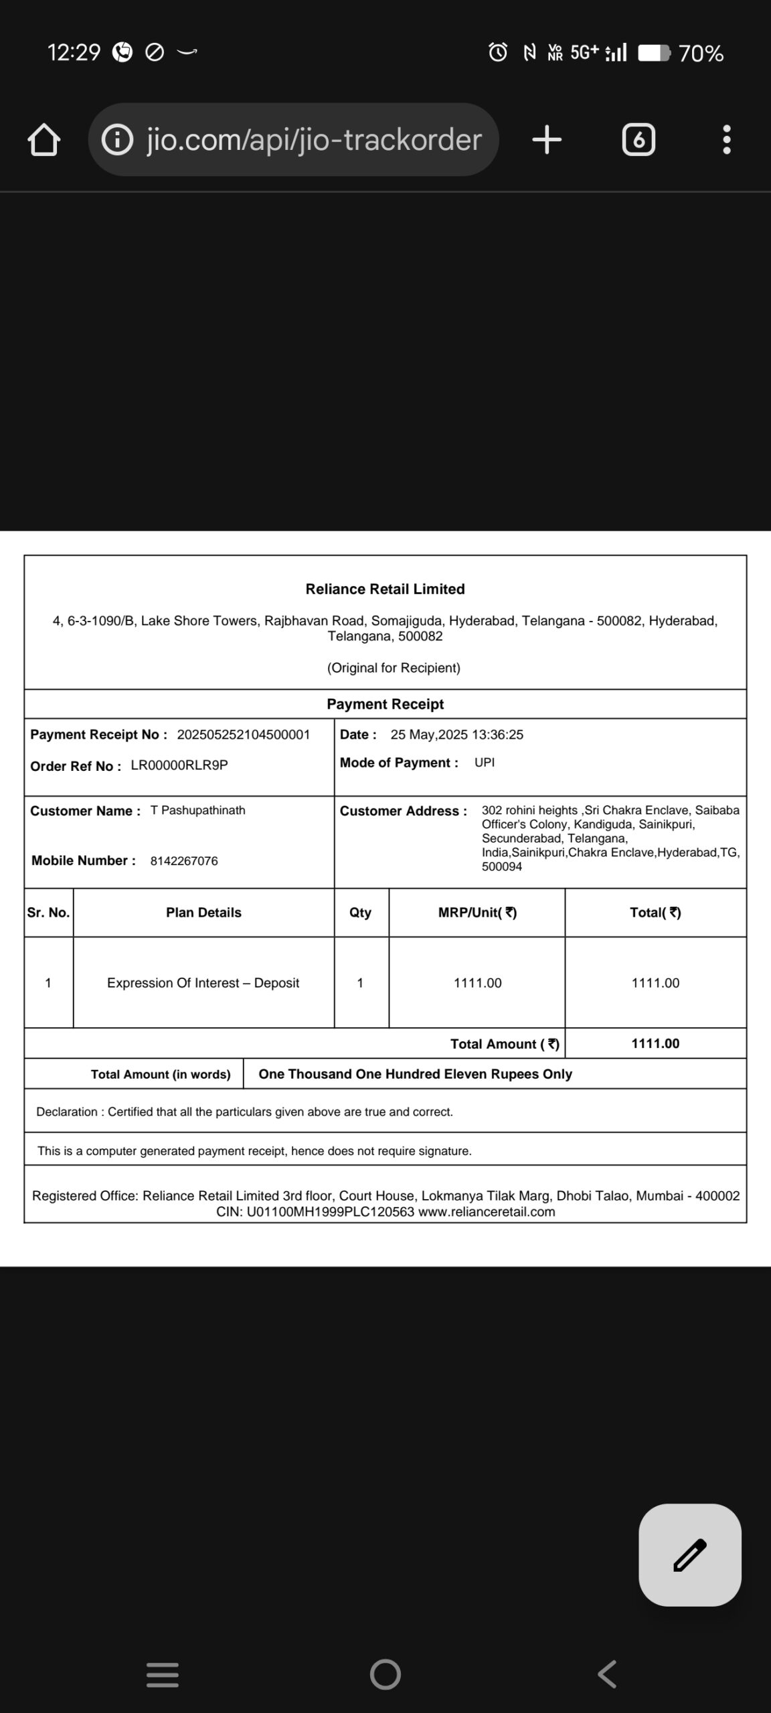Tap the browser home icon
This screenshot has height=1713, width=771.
(x=44, y=140)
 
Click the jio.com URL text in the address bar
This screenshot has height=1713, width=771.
(x=314, y=140)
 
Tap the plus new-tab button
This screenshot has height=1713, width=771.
(x=547, y=140)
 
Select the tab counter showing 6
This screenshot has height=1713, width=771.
(x=638, y=140)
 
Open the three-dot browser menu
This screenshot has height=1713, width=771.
(x=727, y=140)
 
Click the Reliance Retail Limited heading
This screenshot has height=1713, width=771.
(x=385, y=589)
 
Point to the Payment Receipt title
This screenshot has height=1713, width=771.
(x=385, y=704)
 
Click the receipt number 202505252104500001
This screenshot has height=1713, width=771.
(x=244, y=735)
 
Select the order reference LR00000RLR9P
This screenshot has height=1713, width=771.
(x=179, y=765)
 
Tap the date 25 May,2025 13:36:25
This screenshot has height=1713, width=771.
(x=456, y=735)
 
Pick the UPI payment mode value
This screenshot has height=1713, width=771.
(x=485, y=763)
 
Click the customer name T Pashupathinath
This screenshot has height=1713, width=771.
(x=198, y=810)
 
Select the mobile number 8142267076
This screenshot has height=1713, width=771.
(x=184, y=861)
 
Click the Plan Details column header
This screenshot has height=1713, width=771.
(x=203, y=913)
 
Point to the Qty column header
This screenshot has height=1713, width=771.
(x=360, y=913)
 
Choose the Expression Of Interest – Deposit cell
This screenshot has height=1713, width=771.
(x=203, y=983)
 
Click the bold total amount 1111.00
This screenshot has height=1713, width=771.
(x=655, y=1044)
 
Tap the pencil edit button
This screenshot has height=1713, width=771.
(x=690, y=1555)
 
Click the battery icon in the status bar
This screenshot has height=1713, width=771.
(x=653, y=53)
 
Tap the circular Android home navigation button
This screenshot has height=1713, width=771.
(x=385, y=1675)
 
